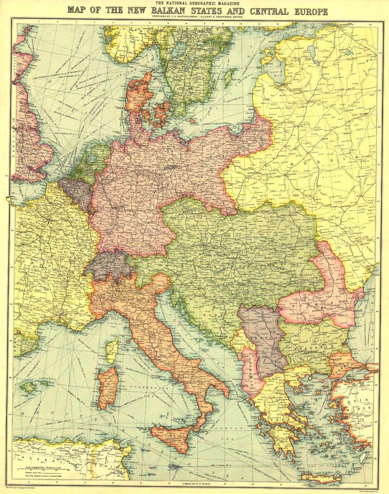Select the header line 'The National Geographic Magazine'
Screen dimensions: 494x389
(x=194, y=4)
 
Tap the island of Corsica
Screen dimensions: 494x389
(x=112, y=350)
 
